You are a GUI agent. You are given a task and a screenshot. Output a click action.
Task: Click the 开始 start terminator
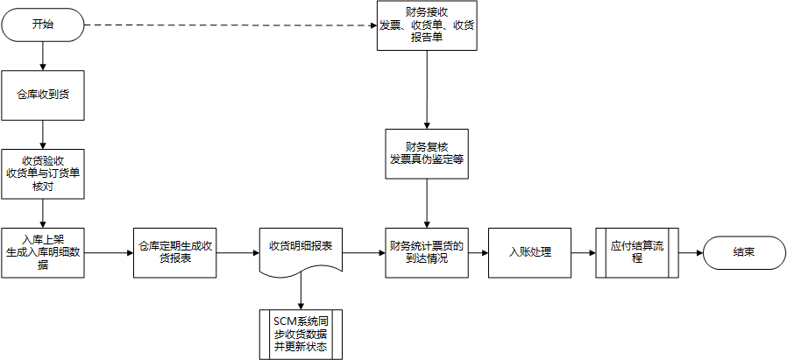[42, 25]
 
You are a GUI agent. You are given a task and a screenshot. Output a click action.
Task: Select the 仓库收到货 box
[43, 95]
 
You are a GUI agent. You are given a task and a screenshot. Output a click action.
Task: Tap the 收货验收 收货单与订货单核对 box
[43, 173]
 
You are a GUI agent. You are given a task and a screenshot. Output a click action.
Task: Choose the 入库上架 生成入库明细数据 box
[43, 252]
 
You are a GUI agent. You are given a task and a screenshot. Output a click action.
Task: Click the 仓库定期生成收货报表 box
[174, 252]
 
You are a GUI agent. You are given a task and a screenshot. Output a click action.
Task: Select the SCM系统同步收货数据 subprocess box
[300, 335]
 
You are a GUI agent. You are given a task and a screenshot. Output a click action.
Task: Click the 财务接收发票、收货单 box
[428, 25]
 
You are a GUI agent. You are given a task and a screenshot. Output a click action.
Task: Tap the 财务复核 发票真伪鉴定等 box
[427, 154]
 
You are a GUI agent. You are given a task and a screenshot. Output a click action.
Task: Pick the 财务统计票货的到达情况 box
[427, 252]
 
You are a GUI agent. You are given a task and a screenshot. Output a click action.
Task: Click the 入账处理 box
[529, 252]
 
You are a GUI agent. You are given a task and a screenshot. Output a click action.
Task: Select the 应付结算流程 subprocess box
[637, 252]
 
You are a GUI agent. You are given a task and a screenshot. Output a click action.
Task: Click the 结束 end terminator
[744, 252]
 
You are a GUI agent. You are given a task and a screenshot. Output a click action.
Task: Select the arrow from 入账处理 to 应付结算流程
[583, 252]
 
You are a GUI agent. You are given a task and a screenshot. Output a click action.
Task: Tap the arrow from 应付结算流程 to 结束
[691, 252]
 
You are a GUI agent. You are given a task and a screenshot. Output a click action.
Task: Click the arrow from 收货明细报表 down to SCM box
[300, 291]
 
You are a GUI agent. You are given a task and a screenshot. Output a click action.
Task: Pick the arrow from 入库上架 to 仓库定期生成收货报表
[109, 252]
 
